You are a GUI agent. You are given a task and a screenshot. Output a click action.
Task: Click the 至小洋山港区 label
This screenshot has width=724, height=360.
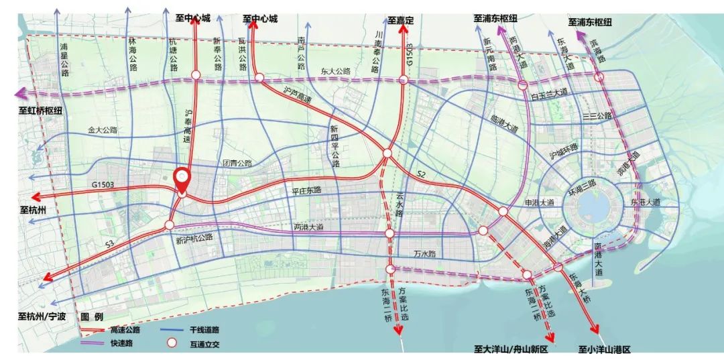click(604, 349)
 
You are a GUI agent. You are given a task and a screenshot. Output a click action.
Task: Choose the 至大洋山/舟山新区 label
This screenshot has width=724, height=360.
click(511, 349)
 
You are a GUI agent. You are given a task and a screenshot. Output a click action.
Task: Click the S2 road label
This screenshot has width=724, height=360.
click(421, 174)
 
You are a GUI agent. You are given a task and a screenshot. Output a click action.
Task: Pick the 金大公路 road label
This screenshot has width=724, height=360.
click(102, 130)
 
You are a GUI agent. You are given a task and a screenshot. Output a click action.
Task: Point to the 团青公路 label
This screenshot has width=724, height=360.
click(237, 163)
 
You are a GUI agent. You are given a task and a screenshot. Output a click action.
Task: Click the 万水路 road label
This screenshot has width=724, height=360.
click(424, 254)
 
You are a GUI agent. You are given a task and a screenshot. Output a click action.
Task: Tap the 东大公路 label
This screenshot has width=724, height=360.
click(335, 70)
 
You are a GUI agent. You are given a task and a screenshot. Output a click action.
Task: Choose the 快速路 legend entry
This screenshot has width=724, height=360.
click(121, 343)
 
